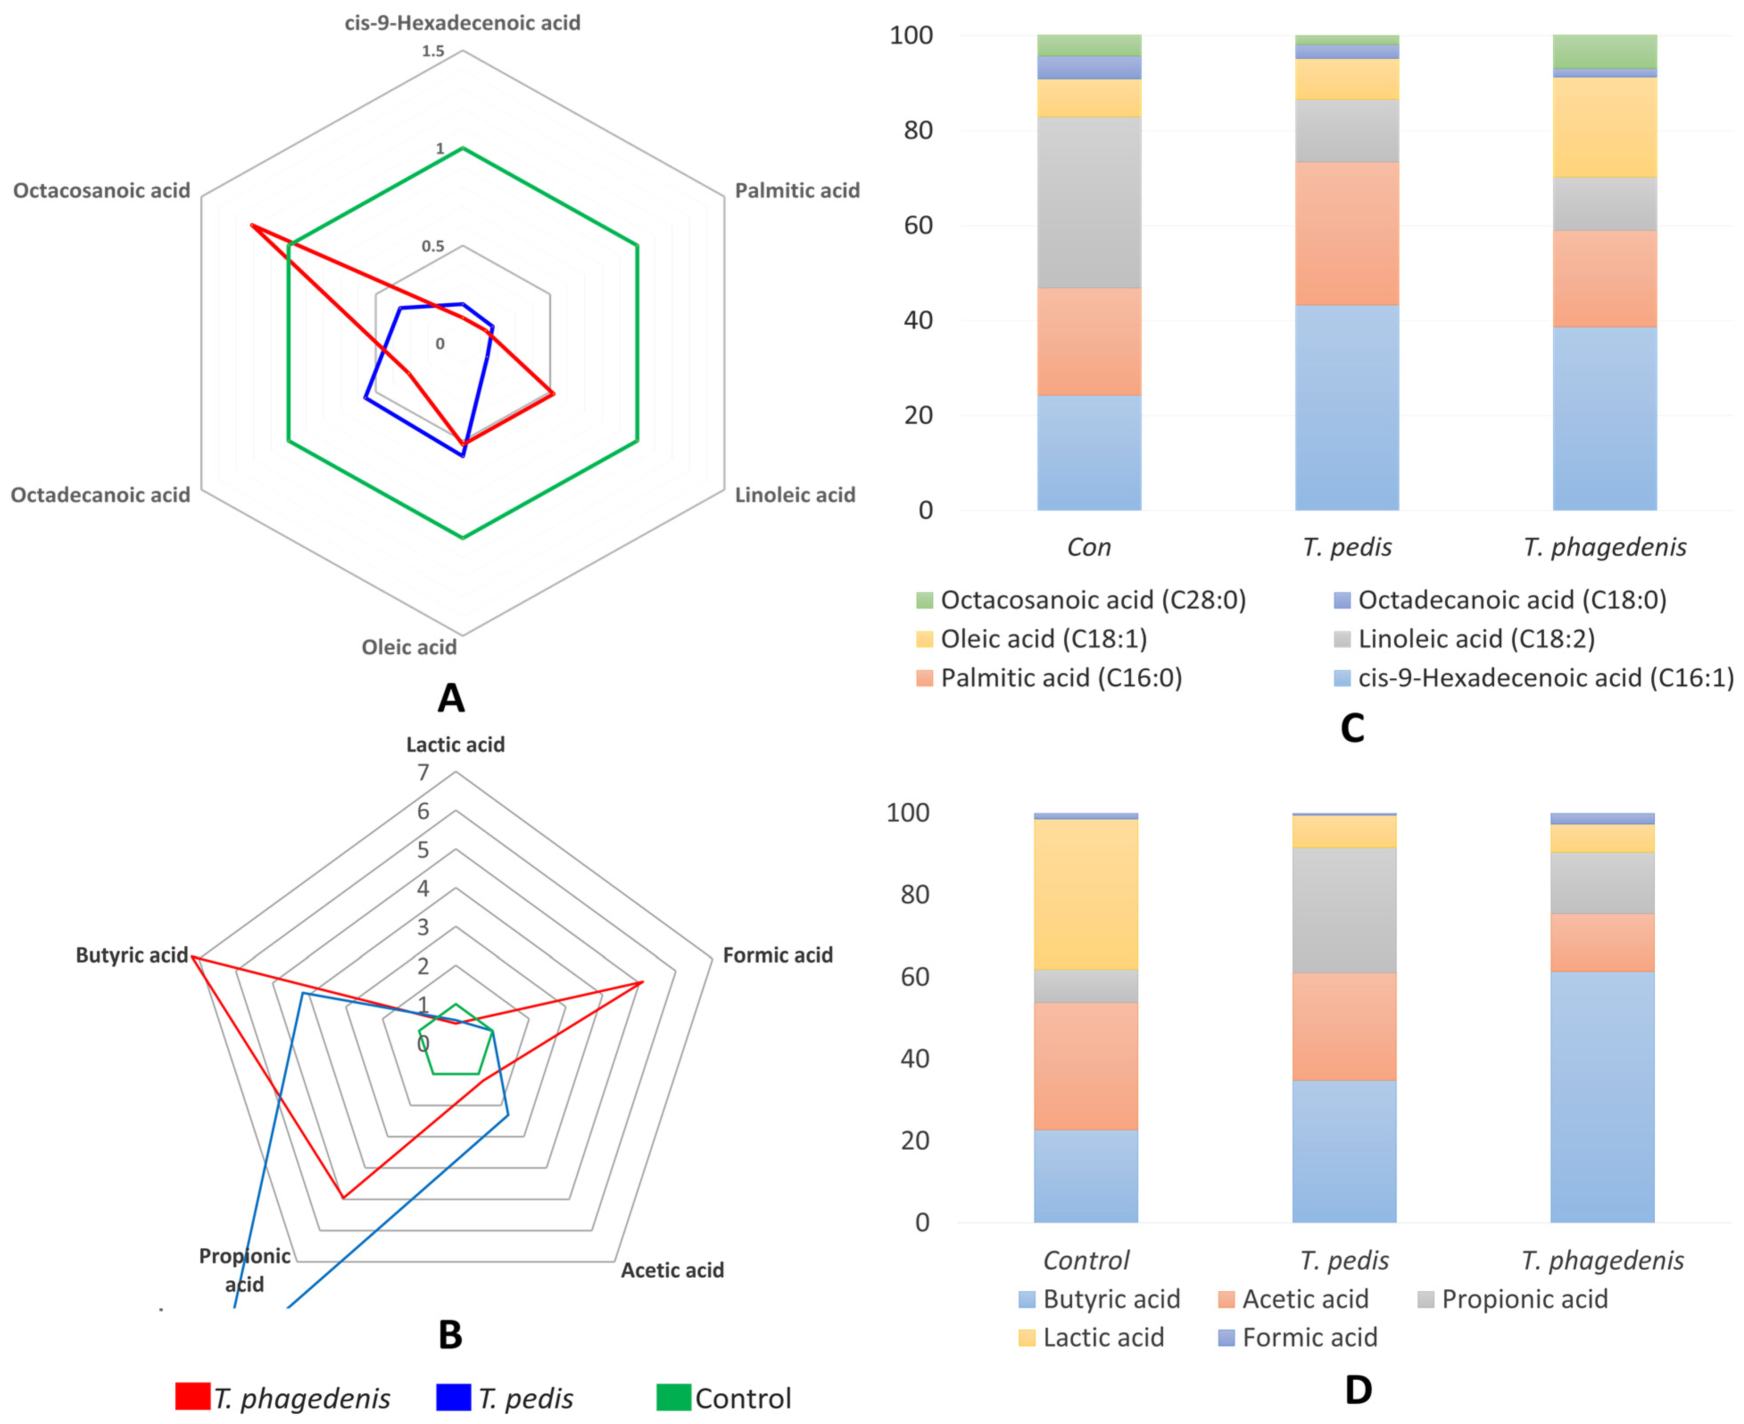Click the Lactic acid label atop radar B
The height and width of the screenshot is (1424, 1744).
coord(455,745)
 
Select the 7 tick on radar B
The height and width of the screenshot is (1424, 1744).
coord(423,773)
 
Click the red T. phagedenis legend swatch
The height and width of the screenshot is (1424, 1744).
coord(193,1397)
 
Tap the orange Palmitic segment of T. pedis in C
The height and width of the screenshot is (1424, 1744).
coord(1346,234)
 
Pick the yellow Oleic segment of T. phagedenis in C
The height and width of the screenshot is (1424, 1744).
coord(1604,127)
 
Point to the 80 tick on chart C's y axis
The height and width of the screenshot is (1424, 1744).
coord(918,130)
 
